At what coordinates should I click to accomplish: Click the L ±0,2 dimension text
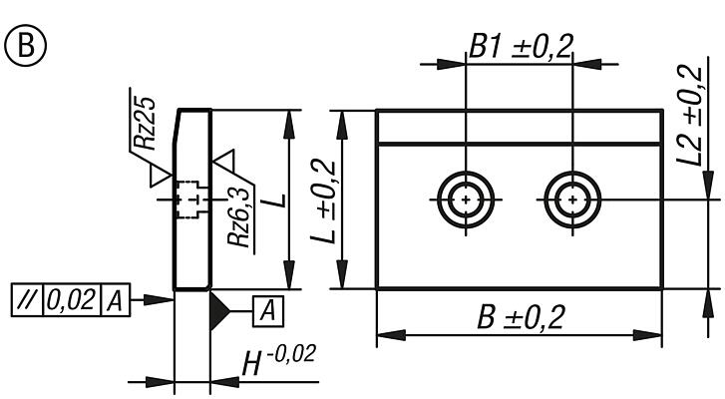point(324,201)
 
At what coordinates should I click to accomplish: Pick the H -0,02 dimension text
point(277,364)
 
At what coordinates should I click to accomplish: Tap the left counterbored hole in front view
point(466,199)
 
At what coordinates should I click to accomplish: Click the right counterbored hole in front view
point(571,199)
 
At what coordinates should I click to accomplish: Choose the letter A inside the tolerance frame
point(116,299)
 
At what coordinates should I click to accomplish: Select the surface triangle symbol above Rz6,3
point(224,159)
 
